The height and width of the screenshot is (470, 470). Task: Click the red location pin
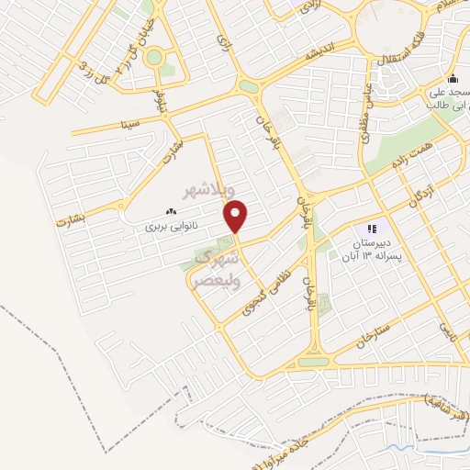coord(237,217)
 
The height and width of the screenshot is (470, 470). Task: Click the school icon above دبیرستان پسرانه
coord(371,228)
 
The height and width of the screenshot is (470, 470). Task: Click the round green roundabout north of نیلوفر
coord(153,58)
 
